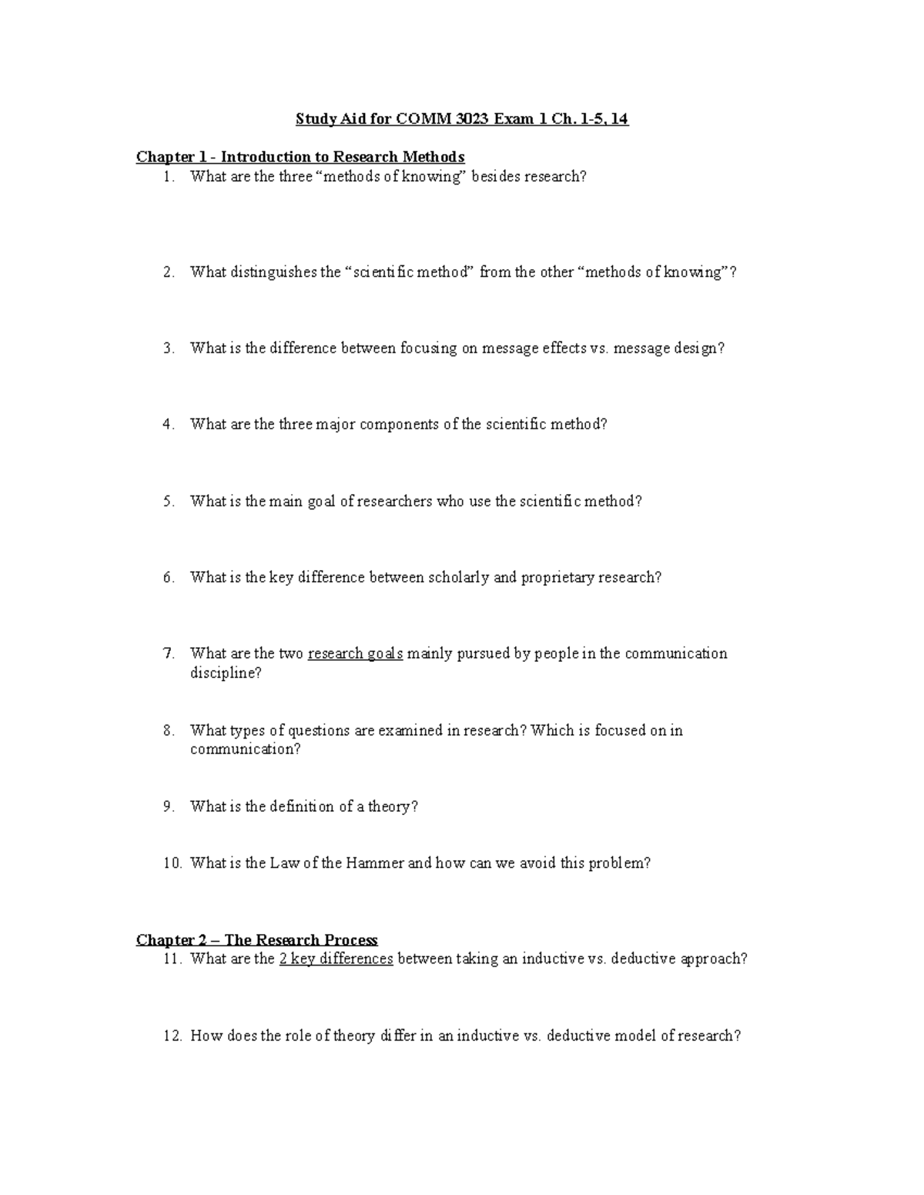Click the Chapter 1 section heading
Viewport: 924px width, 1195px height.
(x=300, y=157)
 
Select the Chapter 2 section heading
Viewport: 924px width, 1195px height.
(x=256, y=940)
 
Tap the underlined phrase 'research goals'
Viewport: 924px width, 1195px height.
(x=355, y=653)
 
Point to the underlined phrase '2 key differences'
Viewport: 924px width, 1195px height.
(x=336, y=959)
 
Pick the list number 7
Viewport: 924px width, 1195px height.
(x=169, y=653)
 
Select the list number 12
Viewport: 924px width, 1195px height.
(x=172, y=1036)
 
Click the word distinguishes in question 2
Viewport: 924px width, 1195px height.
(x=273, y=272)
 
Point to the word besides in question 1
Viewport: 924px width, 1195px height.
(x=497, y=176)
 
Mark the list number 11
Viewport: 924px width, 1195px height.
(x=172, y=959)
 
